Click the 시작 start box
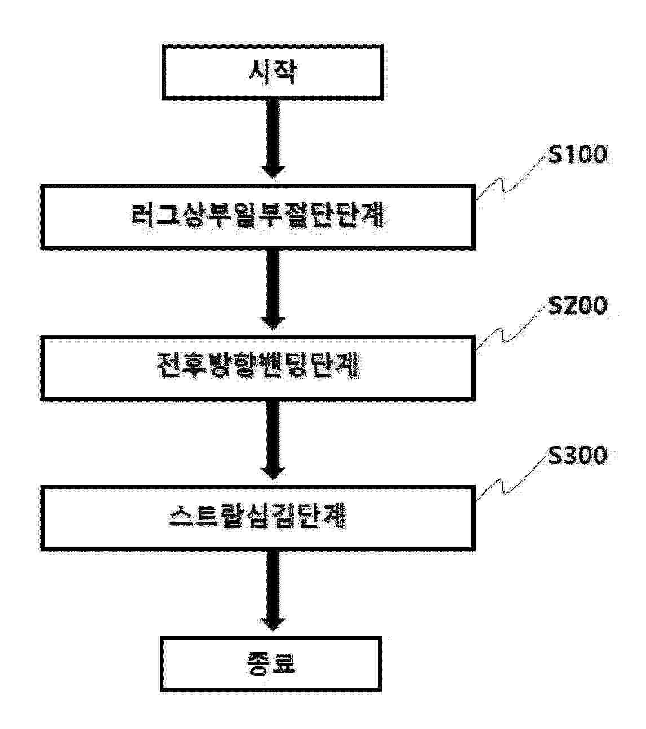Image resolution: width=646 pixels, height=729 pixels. [x=273, y=72]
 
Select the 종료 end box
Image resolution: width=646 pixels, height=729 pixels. [x=271, y=663]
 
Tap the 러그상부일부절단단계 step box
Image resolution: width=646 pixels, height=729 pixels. [x=258, y=217]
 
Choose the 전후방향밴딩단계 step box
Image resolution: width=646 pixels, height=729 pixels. [x=258, y=368]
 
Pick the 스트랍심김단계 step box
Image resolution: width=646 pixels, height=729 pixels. [x=258, y=518]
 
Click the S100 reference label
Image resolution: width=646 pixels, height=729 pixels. [x=578, y=154]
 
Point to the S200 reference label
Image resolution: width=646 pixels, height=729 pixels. [x=578, y=305]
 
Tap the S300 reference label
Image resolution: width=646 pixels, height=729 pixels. [x=578, y=455]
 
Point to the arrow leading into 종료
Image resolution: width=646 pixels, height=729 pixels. [x=273, y=589]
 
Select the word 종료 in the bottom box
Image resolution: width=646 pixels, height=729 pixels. [x=271, y=663]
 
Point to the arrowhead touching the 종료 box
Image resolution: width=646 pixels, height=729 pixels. [x=273, y=623]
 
